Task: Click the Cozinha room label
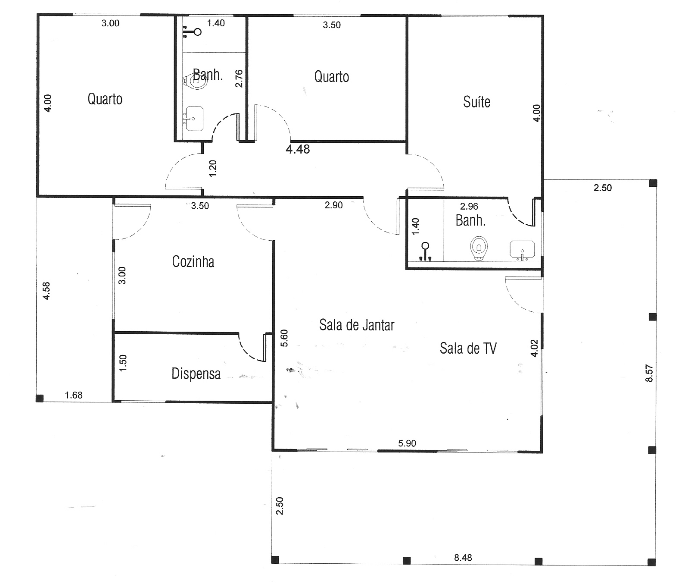pyautogui.click(x=193, y=261)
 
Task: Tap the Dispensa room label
pyautogui.click(x=196, y=374)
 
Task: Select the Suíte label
pyautogui.click(x=476, y=102)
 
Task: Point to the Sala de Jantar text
pyautogui.click(x=357, y=325)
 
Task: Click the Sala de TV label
pyautogui.click(x=468, y=348)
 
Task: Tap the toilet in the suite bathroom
pyautogui.click(x=479, y=248)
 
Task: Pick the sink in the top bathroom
pyautogui.click(x=193, y=119)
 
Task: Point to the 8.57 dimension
pyautogui.click(x=649, y=373)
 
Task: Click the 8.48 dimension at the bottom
pyautogui.click(x=463, y=558)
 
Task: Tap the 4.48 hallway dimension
pyautogui.click(x=298, y=149)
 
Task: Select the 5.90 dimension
pyautogui.click(x=407, y=443)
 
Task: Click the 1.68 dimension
pyautogui.click(x=74, y=395)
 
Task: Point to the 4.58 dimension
pyautogui.click(x=46, y=291)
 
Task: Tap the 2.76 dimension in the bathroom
pyautogui.click(x=239, y=78)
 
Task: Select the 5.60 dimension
pyautogui.click(x=284, y=338)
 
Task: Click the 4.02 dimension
pyautogui.click(x=534, y=348)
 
